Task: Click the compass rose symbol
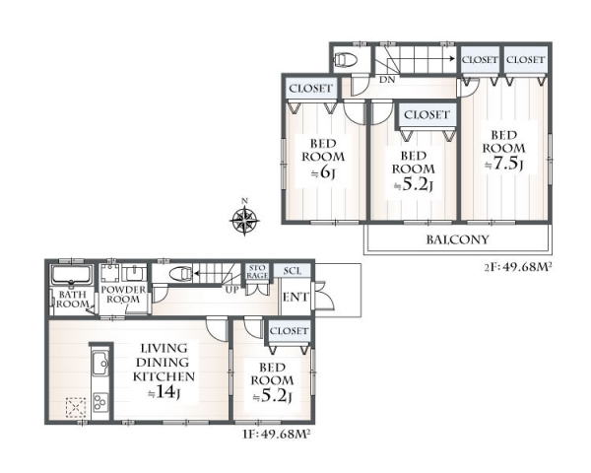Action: click(244, 220)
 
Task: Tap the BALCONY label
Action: click(457, 239)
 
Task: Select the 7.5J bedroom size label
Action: click(504, 165)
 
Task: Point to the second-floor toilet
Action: click(347, 59)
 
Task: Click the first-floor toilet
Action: click(181, 274)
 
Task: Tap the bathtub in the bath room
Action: click(72, 275)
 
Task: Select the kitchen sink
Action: click(100, 363)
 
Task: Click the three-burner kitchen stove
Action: click(100, 402)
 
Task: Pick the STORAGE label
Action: click(257, 272)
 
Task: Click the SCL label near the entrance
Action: click(293, 271)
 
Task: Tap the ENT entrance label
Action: click(295, 297)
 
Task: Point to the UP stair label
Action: click(231, 291)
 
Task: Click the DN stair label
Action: click(387, 80)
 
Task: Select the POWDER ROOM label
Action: click(123, 295)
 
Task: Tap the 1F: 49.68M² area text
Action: click(277, 434)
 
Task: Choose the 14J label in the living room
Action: click(164, 392)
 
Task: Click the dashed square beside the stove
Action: click(76, 407)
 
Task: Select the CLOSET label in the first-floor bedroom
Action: click(289, 331)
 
